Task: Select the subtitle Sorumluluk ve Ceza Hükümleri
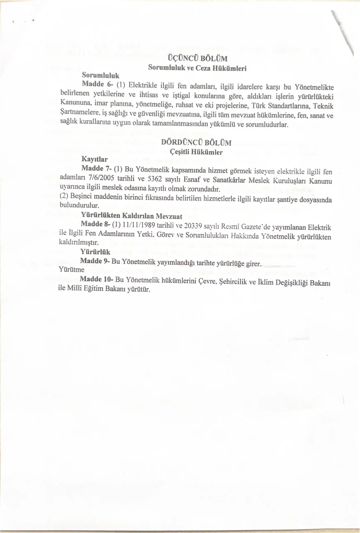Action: tap(197, 68)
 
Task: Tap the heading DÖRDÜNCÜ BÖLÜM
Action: tap(196, 143)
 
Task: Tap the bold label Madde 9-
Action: tap(94, 261)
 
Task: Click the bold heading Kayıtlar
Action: tap(95, 159)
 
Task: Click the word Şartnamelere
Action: tap(80, 112)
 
